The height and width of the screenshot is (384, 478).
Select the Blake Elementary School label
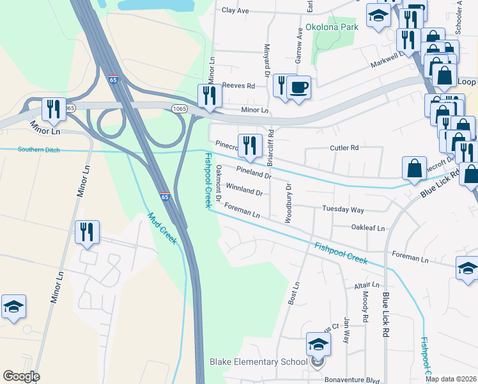click(x=258, y=362)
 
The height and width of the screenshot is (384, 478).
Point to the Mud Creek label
click(x=162, y=228)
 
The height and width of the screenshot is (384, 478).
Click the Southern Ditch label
click(x=38, y=150)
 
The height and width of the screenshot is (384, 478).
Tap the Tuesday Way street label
click(x=343, y=210)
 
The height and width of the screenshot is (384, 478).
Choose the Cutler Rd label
click(x=344, y=148)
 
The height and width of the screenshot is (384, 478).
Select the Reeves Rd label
click(x=238, y=86)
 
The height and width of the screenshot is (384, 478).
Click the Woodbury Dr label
click(x=288, y=203)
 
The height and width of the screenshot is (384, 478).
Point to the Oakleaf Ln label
click(x=369, y=228)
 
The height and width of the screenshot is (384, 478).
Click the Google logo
click(x=21, y=376)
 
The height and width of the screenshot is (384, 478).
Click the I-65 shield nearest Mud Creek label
click(x=165, y=196)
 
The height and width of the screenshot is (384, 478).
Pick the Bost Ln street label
click(x=295, y=292)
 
